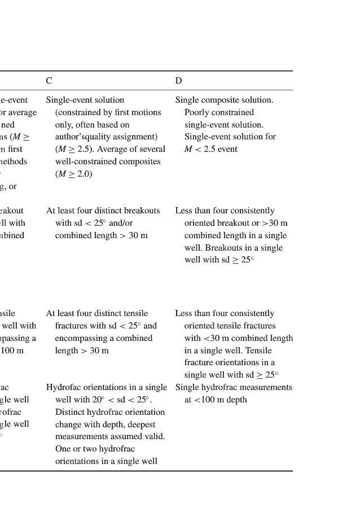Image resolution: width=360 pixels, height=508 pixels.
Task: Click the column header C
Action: coord(49,81)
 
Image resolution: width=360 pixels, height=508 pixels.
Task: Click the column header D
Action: coord(178,81)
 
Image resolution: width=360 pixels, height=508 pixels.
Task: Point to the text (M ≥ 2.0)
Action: coord(73,174)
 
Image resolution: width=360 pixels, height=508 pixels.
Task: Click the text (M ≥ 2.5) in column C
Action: coord(74,149)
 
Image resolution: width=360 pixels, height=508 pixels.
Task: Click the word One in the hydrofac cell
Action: coord(63,449)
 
